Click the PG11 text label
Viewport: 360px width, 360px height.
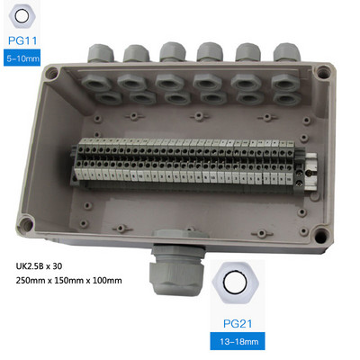22,40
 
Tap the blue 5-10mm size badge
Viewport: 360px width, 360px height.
22,58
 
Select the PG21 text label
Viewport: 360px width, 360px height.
238,324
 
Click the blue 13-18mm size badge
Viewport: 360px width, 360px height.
238,341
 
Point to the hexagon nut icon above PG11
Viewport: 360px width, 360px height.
22,16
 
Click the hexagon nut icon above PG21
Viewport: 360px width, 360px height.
235,283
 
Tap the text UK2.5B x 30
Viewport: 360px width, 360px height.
39,266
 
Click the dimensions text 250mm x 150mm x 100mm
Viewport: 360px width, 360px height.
69,281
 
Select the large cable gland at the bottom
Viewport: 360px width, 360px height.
176,267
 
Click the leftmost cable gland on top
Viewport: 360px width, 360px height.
101,53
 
